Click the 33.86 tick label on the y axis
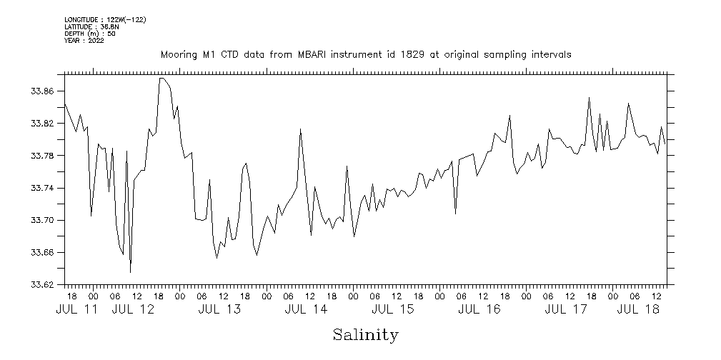coord(42,91)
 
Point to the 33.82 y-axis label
coord(42,124)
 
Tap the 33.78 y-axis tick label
coord(42,156)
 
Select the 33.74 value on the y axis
coord(42,188)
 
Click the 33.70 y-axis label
coord(42,220)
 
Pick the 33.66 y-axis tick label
coord(42,253)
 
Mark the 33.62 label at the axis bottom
coord(42,285)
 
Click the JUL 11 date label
coord(76,309)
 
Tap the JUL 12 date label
coord(134,309)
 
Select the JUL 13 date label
coord(219,309)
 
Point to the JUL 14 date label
coord(306,309)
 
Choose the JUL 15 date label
coord(392,309)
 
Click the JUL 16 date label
coord(479,309)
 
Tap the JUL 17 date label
coord(566,309)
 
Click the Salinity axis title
coord(365,334)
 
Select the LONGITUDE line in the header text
coord(105,19)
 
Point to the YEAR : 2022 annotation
coord(84,41)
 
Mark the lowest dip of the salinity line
coord(130,272)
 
